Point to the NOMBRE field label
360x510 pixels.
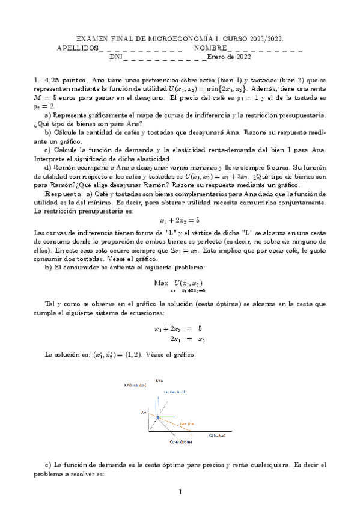point(210,48)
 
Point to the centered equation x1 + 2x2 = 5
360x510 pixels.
point(180,220)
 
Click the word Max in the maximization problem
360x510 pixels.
point(161,283)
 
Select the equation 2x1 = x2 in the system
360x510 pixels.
point(180,339)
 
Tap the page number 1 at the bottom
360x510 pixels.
point(180,493)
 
